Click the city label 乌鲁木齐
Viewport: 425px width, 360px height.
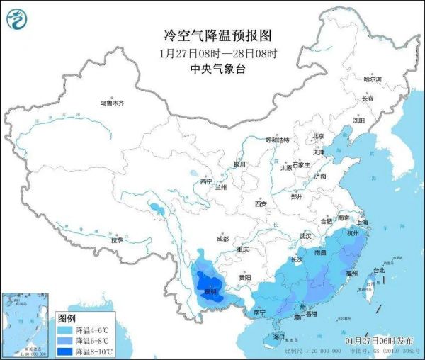pyautogui.click(x=112, y=103)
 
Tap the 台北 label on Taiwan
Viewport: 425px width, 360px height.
pyautogui.click(x=378, y=270)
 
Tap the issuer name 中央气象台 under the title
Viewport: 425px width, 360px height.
pyautogui.click(x=212, y=69)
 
